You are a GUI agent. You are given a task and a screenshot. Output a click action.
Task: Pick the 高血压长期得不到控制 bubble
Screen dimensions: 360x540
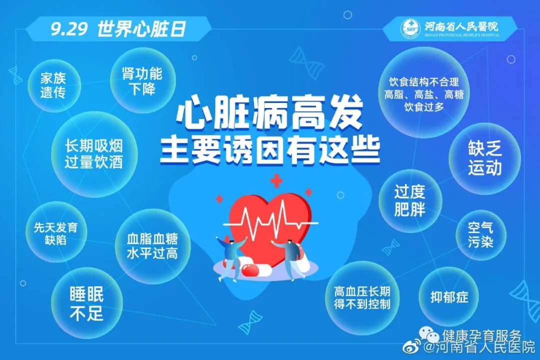point(362,297)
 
